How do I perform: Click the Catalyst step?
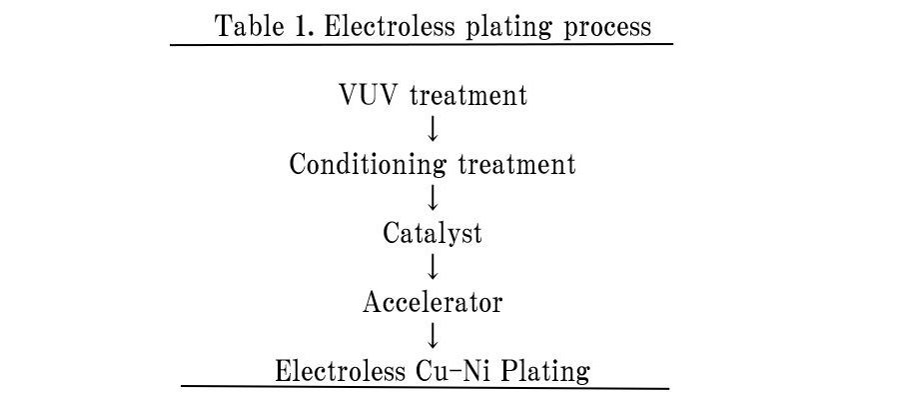433,234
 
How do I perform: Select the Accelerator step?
433,301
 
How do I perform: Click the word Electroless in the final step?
340,371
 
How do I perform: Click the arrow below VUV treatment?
433,131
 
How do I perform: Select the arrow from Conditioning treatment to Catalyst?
433,199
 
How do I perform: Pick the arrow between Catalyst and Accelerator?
433,267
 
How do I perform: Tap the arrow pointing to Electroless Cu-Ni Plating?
433,335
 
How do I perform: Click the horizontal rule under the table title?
422,44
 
